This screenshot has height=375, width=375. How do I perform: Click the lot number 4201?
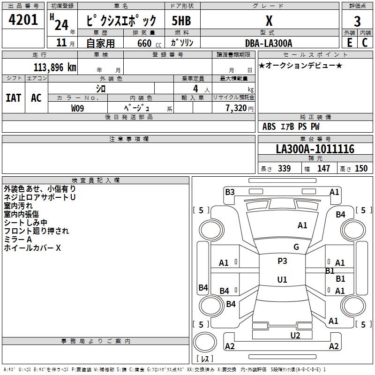23,20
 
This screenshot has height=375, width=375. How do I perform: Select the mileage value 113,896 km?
55,67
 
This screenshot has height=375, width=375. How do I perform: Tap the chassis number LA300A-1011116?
315,149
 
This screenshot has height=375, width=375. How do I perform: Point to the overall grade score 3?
357,22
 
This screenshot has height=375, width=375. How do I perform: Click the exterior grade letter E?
349,43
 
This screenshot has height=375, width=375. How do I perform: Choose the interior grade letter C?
365,43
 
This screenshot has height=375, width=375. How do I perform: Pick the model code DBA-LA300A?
269,43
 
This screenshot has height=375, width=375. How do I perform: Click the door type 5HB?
181,21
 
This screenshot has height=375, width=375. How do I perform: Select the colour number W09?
77,108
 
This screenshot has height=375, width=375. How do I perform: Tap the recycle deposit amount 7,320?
236,108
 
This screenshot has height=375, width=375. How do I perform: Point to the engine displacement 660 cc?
149,44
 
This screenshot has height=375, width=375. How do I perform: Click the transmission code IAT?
14,98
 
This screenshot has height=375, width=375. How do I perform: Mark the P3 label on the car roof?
282,261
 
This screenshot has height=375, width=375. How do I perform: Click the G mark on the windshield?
296,247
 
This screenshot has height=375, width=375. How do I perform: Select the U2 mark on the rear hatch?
295,336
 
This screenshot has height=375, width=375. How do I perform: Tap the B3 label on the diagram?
230,192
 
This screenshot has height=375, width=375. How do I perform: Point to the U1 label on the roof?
282,279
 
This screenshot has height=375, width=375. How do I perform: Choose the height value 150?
361,168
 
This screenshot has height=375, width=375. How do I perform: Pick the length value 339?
285,168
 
